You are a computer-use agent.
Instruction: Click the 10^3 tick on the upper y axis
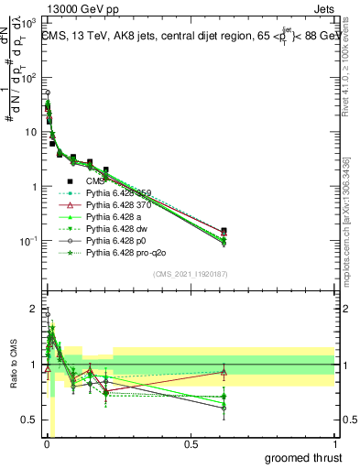(27, 25)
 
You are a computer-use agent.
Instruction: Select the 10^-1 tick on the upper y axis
(27, 241)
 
